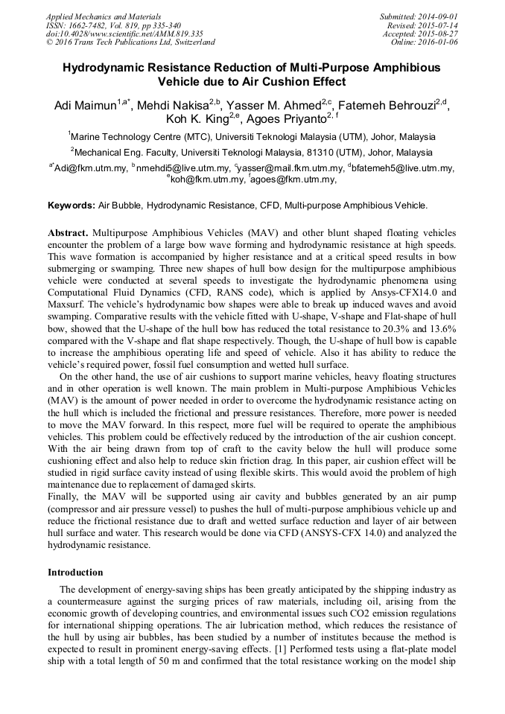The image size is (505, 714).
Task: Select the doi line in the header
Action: coord(124,34)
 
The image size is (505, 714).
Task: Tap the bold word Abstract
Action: coord(69,233)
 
